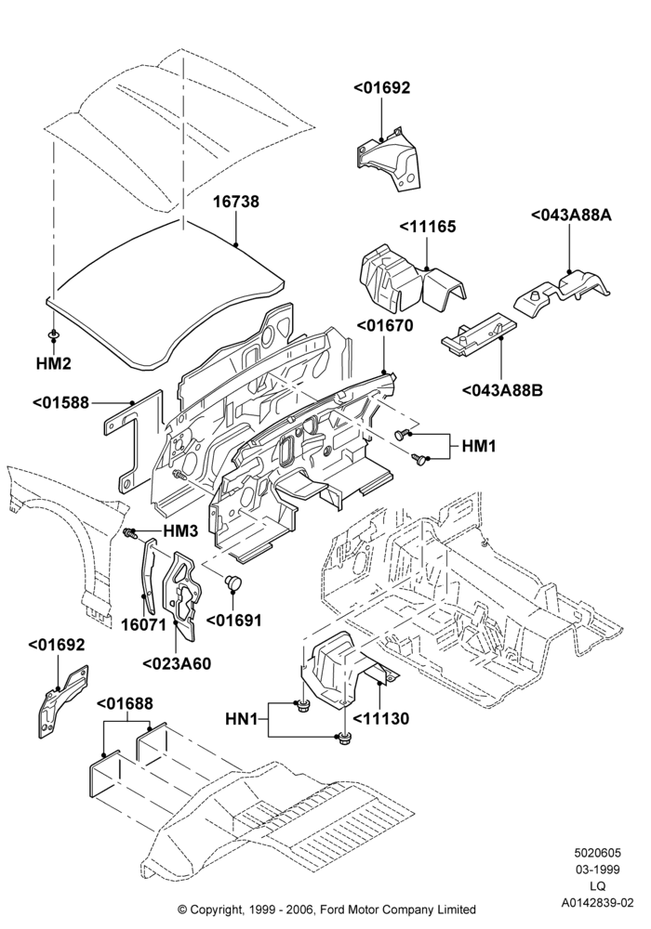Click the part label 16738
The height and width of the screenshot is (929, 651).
(x=236, y=202)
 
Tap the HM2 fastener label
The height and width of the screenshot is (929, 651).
(x=53, y=363)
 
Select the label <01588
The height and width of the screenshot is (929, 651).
(x=60, y=403)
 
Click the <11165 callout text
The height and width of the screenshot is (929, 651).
(x=428, y=227)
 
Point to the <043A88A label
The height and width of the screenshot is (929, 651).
(x=572, y=216)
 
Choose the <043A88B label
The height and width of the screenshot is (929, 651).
(x=502, y=390)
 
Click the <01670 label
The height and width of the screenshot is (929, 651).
(x=385, y=325)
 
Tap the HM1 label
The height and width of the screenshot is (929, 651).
(x=478, y=446)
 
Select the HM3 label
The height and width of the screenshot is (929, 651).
(x=180, y=531)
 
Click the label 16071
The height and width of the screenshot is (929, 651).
(x=144, y=624)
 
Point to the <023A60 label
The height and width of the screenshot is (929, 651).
(x=177, y=663)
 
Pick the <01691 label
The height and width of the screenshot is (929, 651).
(x=233, y=621)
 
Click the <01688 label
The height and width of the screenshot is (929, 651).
(x=125, y=704)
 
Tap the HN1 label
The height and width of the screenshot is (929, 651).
(x=241, y=719)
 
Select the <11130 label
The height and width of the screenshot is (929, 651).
(x=380, y=719)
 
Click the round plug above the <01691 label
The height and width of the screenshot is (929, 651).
(x=232, y=582)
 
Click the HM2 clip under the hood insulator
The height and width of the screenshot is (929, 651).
(x=54, y=335)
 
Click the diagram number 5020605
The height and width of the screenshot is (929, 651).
(x=597, y=853)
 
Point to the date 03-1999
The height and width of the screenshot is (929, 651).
(x=597, y=870)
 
